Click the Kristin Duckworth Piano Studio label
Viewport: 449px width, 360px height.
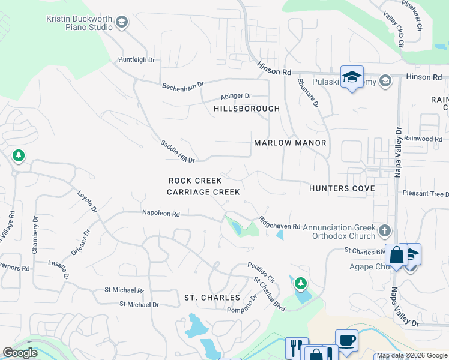click(x=79, y=23)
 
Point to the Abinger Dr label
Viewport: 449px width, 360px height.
click(x=235, y=96)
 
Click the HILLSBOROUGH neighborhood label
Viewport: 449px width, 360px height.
click(x=247, y=109)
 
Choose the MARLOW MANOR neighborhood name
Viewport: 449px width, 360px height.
click(x=290, y=143)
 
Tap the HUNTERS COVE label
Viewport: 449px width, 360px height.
click(x=342, y=188)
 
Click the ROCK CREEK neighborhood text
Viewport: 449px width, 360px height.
click(x=195, y=181)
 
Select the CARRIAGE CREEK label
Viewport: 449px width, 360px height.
click(x=203, y=192)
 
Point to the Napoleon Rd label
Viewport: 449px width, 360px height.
click(x=161, y=213)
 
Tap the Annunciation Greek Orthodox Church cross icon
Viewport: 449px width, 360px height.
click(x=385, y=230)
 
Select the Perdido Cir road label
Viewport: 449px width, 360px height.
click(x=261, y=272)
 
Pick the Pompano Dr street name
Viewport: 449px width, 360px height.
click(x=241, y=302)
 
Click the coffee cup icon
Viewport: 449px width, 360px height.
click(x=347, y=340)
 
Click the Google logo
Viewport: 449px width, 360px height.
click(x=20, y=353)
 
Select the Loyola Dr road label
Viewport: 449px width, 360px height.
click(x=87, y=202)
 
